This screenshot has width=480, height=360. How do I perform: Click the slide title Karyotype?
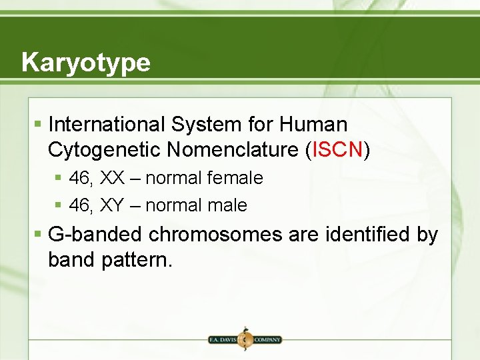(x=85, y=63)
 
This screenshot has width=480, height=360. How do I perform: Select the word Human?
(x=313, y=125)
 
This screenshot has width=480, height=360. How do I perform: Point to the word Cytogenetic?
(x=104, y=150)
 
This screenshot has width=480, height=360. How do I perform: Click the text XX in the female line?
(x=113, y=179)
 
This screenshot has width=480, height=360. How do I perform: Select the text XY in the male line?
(x=113, y=206)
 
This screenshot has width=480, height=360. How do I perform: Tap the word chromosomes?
(x=215, y=235)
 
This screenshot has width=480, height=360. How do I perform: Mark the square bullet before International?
(x=39, y=125)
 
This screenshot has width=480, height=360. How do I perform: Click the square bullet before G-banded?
(x=39, y=235)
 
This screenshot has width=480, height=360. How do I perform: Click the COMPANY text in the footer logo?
(x=266, y=339)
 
